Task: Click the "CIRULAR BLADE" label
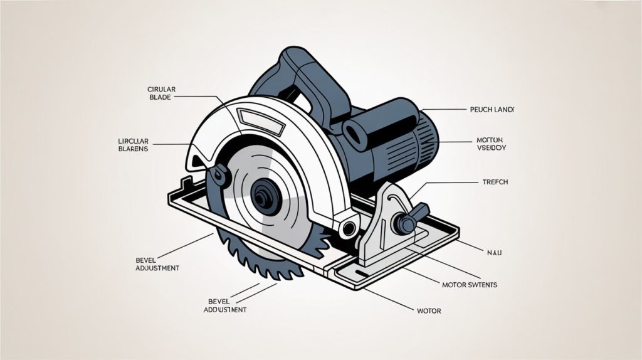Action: click(162, 93)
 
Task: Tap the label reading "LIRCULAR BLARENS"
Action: click(133, 144)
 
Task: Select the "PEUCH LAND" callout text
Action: click(492, 109)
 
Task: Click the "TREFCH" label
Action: click(495, 181)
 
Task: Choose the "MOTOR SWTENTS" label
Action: click(470, 285)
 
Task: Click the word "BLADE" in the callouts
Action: click(162, 97)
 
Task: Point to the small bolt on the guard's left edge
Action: click(219, 173)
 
